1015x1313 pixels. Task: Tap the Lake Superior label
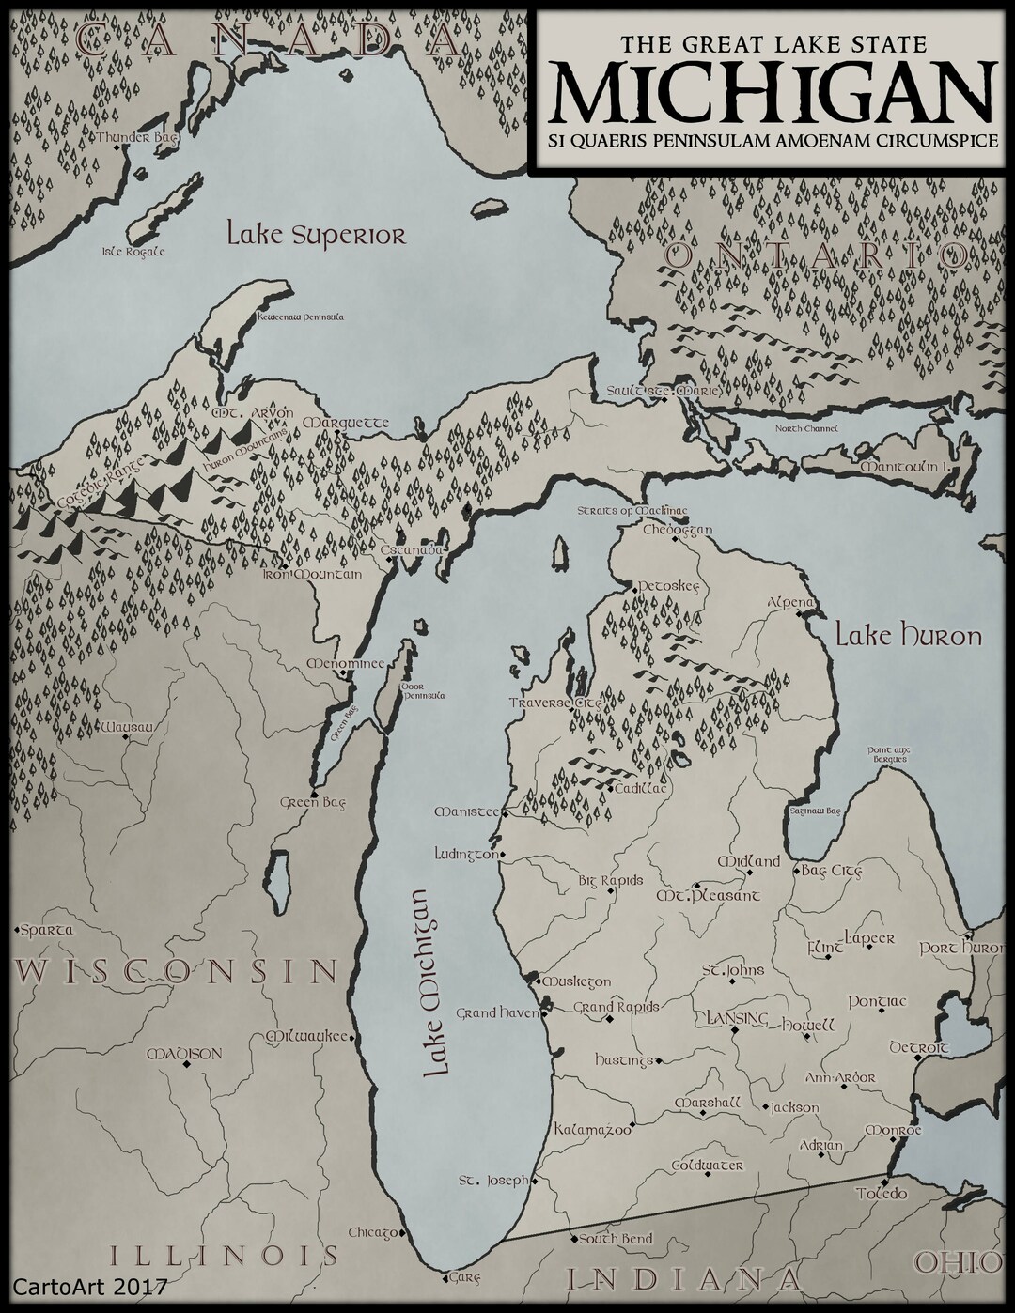(x=316, y=234)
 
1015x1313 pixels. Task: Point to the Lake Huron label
(x=909, y=636)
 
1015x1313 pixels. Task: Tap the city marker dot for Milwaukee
(x=352, y=1037)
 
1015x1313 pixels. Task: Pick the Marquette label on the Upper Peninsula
(x=346, y=423)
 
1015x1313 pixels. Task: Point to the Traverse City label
(x=554, y=703)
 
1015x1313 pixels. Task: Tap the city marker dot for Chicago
(x=401, y=1233)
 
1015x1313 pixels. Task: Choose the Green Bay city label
(x=313, y=803)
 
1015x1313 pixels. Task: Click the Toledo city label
(x=881, y=1194)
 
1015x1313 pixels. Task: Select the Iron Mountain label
(x=311, y=574)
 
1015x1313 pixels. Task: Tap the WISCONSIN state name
(x=176, y=970)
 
